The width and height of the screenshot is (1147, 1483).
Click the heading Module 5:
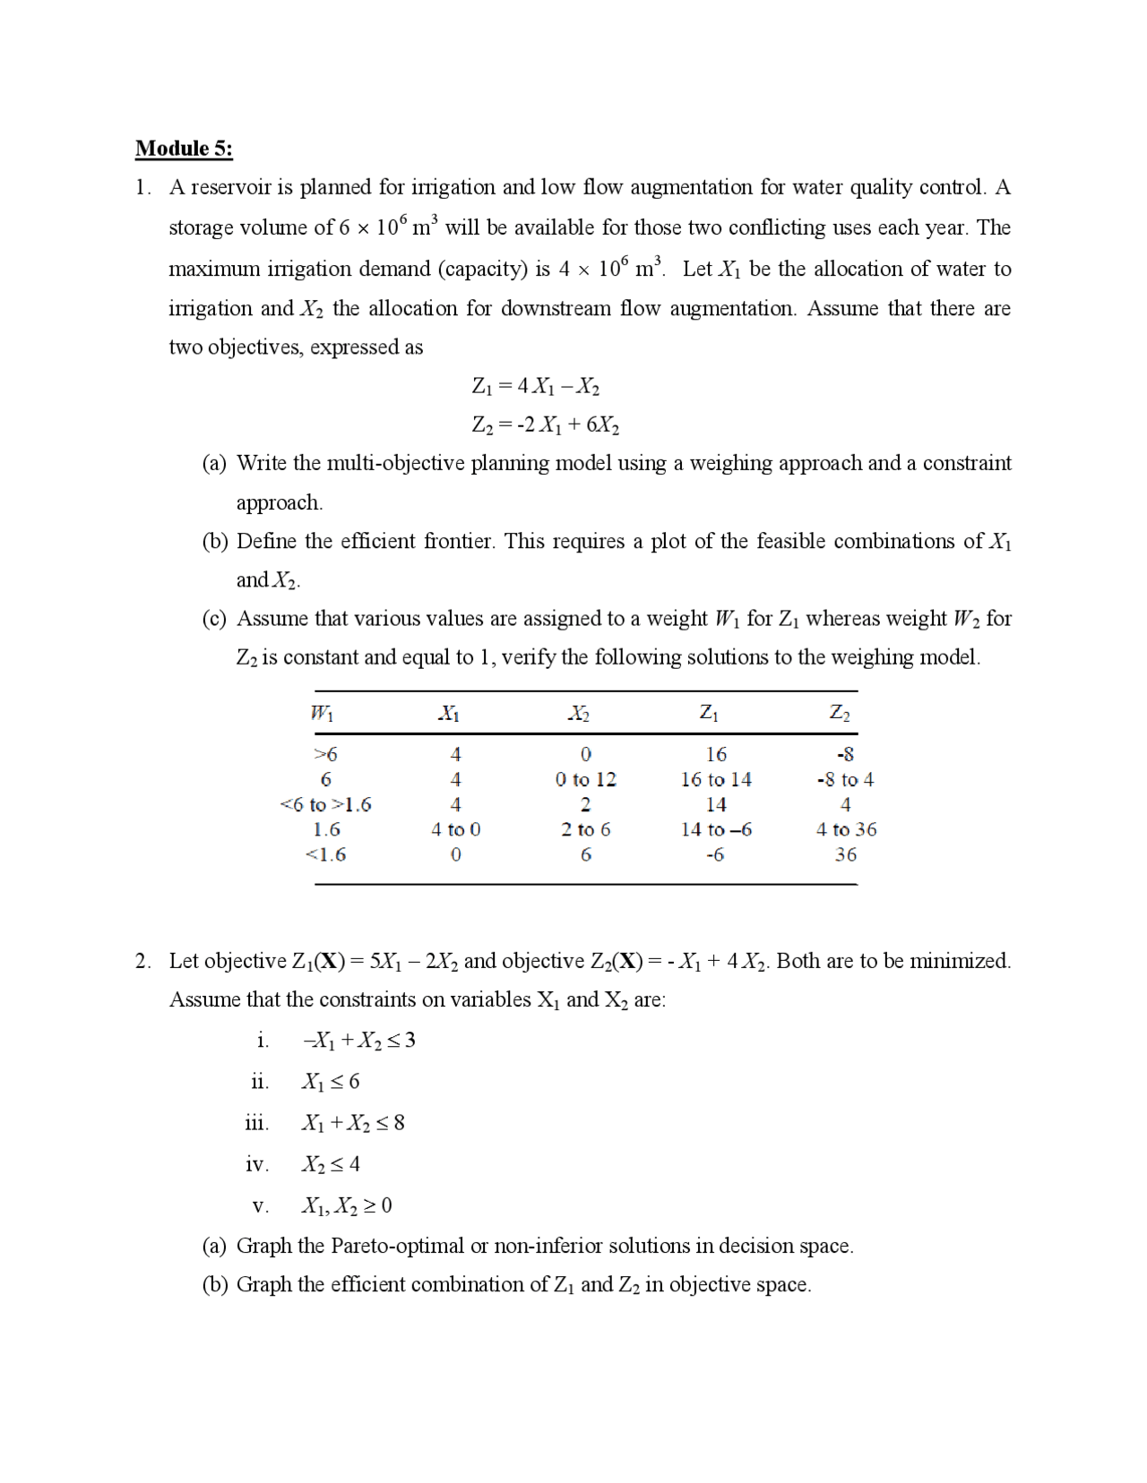[184, 148]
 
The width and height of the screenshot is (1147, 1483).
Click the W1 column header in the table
[322, 713]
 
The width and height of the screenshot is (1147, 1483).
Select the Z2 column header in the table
[840, 713]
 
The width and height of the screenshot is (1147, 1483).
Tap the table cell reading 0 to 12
[586, 779]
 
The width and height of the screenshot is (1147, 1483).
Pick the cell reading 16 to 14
[716, 779]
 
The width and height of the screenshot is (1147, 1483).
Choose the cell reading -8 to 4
[845, 779]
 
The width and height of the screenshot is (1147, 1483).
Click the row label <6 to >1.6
[325, 804]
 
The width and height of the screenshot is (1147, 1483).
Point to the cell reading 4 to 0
[455, 829]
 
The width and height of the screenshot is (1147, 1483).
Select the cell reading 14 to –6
[716, 829]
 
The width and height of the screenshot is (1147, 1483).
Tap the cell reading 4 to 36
[846, 829]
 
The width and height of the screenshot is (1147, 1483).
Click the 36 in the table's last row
[845, 854]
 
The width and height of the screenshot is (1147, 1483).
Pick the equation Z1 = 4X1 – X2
[536, 386]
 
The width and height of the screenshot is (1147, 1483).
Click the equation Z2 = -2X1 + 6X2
[546, 424]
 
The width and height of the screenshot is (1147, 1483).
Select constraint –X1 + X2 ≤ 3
[358, 1041]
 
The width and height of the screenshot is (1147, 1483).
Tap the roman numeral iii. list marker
[256, 1123]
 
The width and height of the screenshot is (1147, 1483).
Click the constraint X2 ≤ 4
[331, 1164]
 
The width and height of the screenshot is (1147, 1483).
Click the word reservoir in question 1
[230, 187]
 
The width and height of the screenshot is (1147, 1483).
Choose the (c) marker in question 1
[214, 619]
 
